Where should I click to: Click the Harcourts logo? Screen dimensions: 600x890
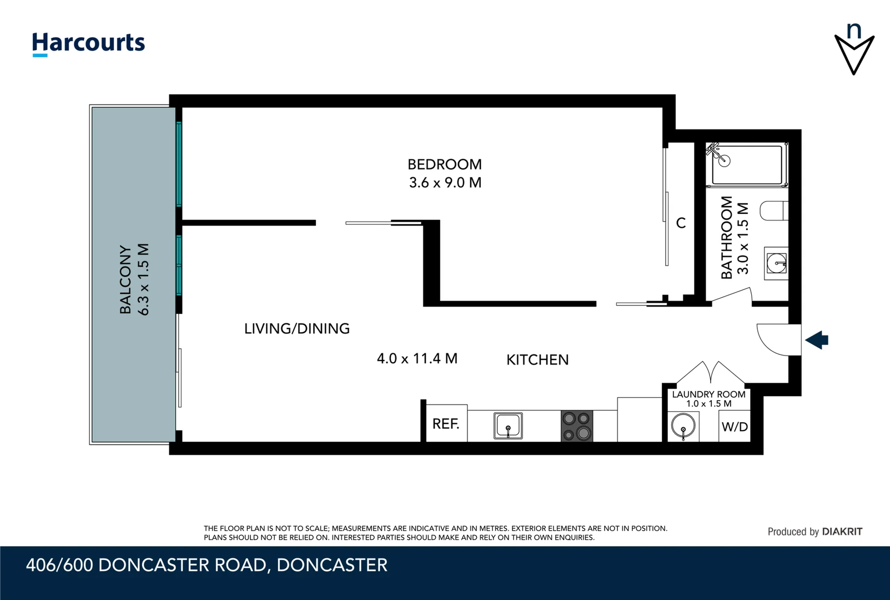tap(88, 43)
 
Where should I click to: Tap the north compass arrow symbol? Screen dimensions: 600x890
tap(854, 53)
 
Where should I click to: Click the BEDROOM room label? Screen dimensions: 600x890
tap(444, 164)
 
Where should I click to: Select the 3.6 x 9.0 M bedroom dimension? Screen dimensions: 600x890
tap(445, 183)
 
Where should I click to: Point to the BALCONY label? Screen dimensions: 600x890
tap(126, 279)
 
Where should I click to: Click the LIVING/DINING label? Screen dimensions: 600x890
tap(297, 329)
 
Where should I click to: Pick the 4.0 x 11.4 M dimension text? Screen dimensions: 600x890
tap(417, 359)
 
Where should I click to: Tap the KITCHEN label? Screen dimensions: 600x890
tap(537, 360)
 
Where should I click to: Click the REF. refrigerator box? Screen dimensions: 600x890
tap(445, 424)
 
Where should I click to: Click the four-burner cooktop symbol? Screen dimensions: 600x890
tap(576, 426)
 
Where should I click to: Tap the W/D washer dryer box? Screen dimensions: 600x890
tap(734, 427)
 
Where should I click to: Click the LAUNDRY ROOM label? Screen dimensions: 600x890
tap(708, 394)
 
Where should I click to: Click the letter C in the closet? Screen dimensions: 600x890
tap(681, 223)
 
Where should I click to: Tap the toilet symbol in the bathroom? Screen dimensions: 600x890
tap(774, 211)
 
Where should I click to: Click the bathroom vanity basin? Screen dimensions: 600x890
tap(776, 262)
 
